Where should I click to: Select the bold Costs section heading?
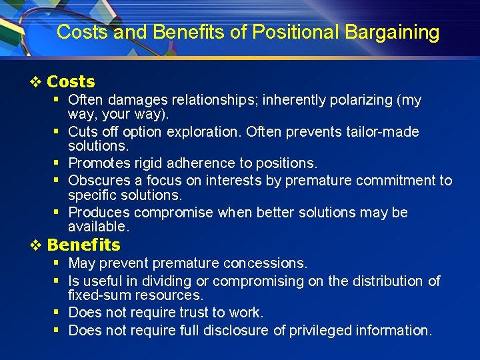71,82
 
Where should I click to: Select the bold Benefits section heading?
83,245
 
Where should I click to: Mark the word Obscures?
99,181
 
